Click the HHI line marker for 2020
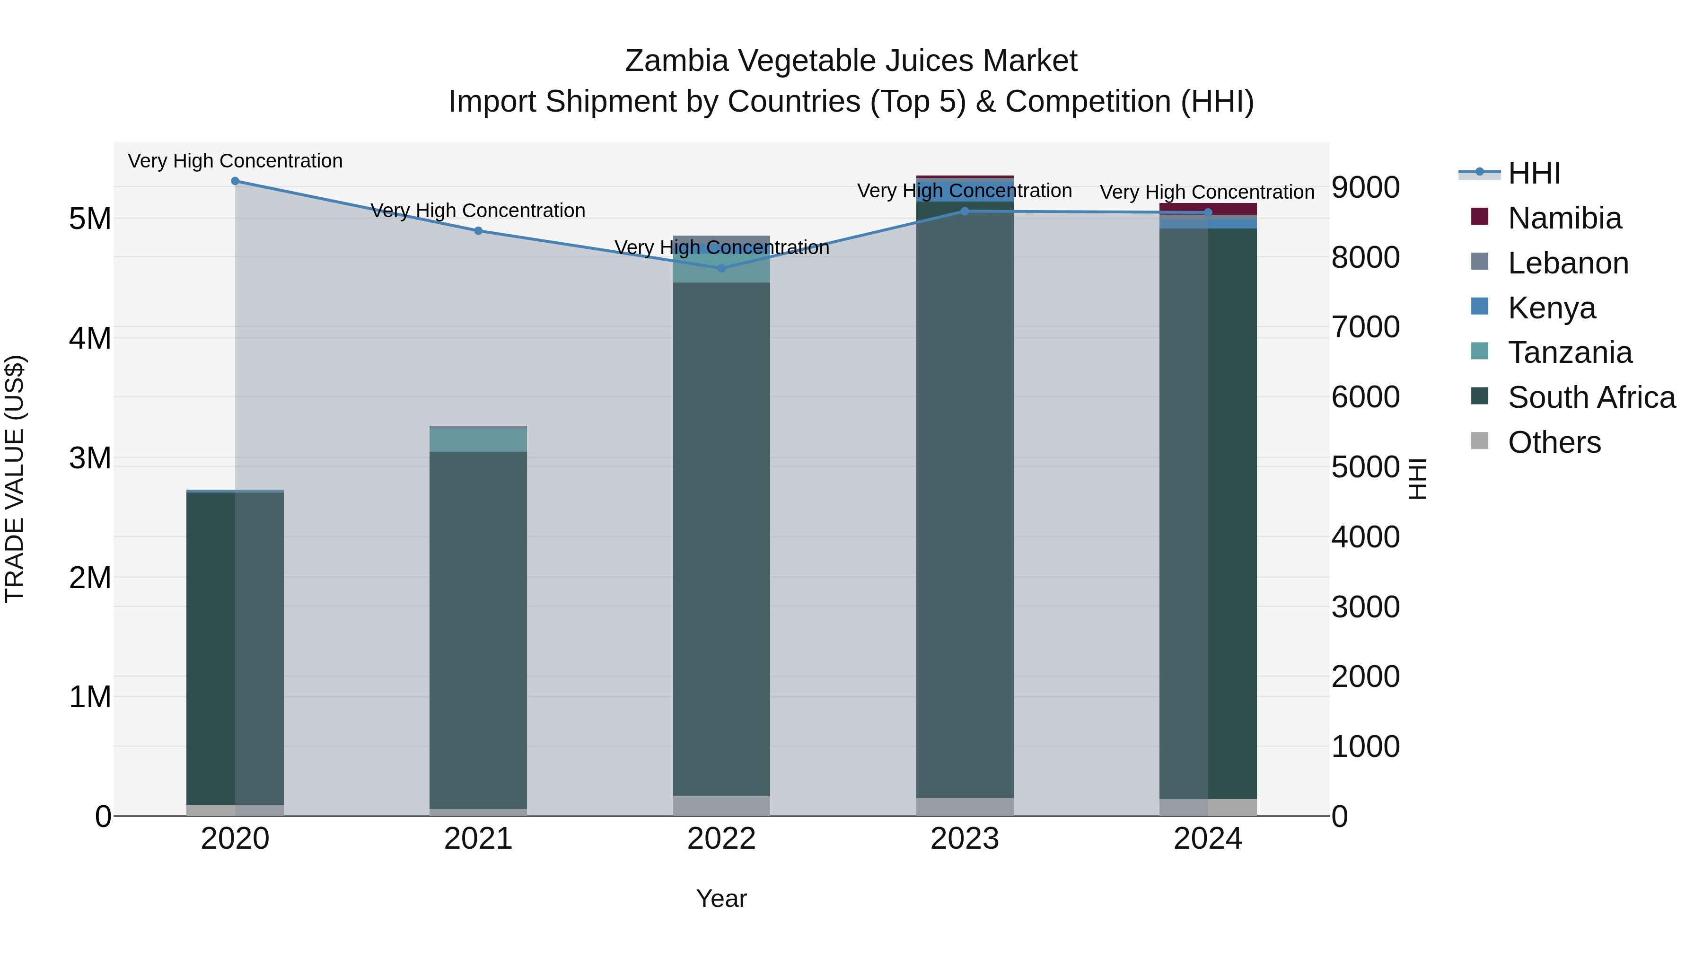coord(236,181)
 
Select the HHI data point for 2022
coord(721,268)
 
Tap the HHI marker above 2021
coord(479,231)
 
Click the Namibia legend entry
coord(1564,218)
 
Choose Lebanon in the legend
coord(1568,263)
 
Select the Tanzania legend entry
coord(1570,352)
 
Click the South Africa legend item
coord(1591,397)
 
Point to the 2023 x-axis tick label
coord(965,839)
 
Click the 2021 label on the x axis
coord(479,839)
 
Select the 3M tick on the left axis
coord(90,457)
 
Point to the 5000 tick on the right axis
coord(1365,467)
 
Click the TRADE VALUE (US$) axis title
coord(15,479)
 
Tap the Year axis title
coord(721,898)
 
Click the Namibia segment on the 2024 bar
coord(1208,209)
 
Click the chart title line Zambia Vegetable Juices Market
coord(851,61)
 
